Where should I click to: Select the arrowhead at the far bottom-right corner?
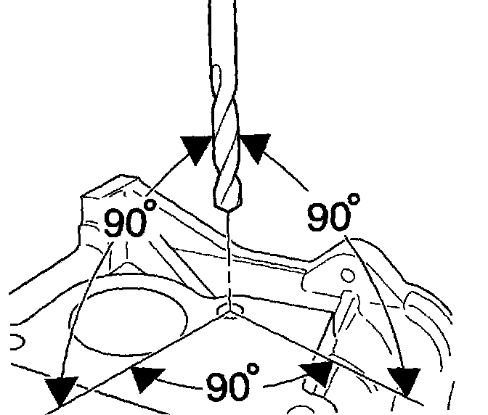coord(403,382)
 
